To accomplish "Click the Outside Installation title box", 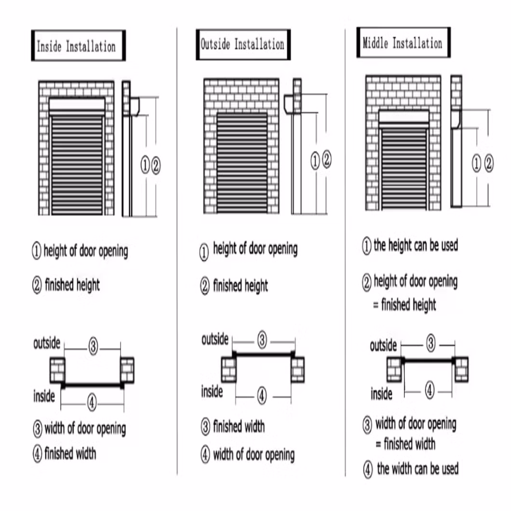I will point(243,44).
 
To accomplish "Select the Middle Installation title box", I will point(403,42).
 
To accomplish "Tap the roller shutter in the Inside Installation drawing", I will point(77,164).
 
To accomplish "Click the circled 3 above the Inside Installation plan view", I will point(93,346).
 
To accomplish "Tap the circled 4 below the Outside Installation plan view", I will point(261,396).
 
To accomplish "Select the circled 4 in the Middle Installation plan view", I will point(429,390).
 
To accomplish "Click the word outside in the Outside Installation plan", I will point(215,339).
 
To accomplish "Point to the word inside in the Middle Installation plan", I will point(381,394).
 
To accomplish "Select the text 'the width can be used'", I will point(417,469).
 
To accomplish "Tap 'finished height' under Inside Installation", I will point(72,285).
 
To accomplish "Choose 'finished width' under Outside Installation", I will point(239,427).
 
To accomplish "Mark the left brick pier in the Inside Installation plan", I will point(57,370).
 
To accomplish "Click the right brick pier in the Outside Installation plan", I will point(297,369).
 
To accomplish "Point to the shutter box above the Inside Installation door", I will point(77,104).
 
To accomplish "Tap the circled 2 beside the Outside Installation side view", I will point(326,160).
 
